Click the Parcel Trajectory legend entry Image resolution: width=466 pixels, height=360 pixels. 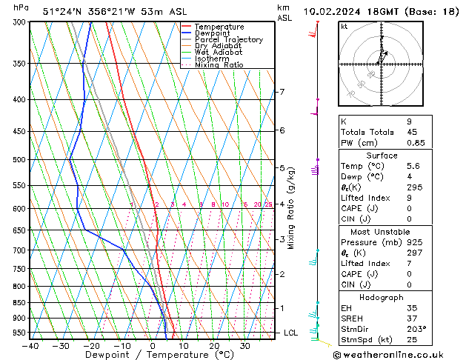coord(228,39)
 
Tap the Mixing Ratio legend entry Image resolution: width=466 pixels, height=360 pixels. coord(219,65)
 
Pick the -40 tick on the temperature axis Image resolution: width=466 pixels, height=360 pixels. coord(30,345)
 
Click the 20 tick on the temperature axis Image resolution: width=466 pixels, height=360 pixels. coord(214,345)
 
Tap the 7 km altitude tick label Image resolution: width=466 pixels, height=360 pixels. coord(282,92)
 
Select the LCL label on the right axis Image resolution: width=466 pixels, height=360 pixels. coord(291,333)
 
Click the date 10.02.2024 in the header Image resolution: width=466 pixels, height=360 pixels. coord(338,11)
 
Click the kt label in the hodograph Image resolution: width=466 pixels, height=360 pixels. coord(344,26)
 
